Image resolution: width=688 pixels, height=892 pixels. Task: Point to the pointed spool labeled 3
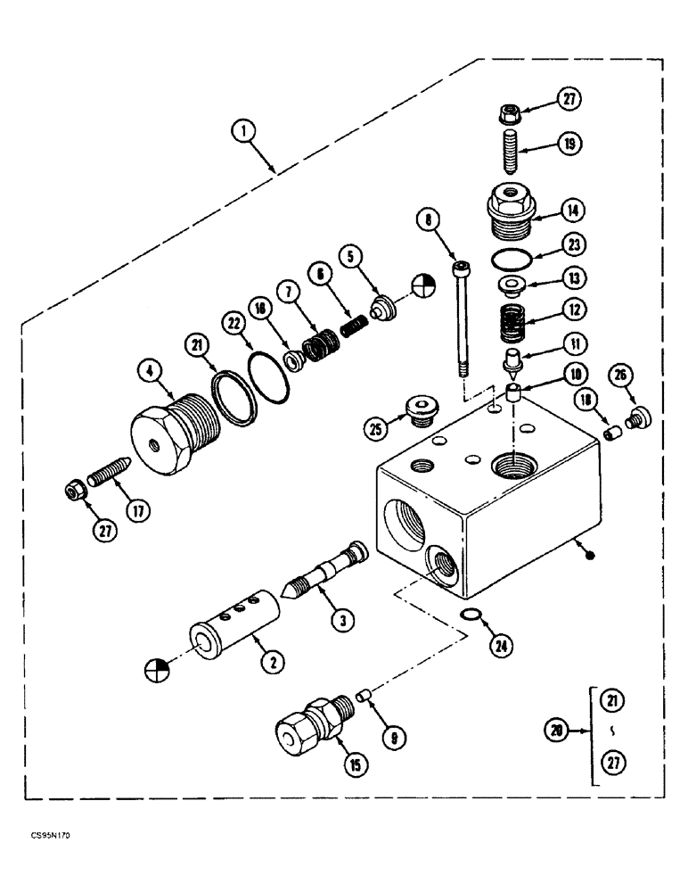pos(325,571)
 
